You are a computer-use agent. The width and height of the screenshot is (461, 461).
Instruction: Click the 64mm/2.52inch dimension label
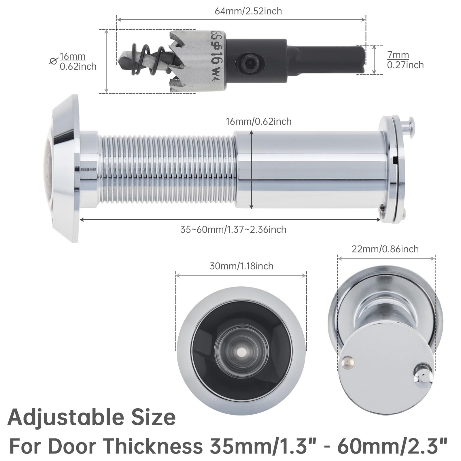[x=248, y=11]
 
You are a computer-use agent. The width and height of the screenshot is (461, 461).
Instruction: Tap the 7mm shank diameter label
[x=398, y=55]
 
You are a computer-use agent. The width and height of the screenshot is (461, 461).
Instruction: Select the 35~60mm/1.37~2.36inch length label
[x=233, y=230]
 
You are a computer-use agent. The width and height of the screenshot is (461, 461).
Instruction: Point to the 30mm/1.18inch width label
[x=241, y=266]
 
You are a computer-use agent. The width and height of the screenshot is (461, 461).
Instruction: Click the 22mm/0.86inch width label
[x=385, y=249]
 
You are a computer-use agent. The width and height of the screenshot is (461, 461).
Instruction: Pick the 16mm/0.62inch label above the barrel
[x=258, y=122]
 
